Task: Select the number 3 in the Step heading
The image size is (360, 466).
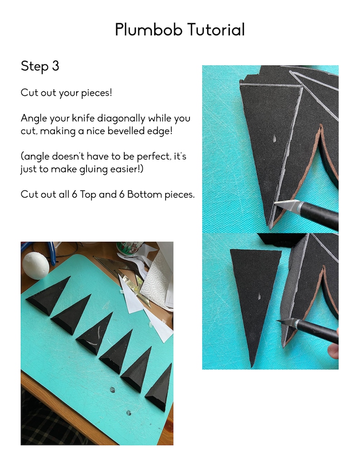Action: pyautogui.click(x=55, y=66)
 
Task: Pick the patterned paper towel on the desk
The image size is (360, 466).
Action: pyautogui.click(x=156, y=281)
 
